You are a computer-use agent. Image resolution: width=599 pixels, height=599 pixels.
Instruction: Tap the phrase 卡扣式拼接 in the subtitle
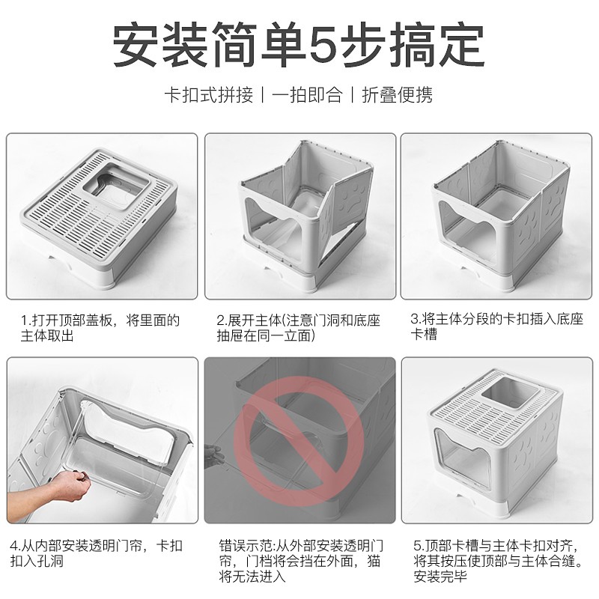pyautogui.click(x=209, y=95)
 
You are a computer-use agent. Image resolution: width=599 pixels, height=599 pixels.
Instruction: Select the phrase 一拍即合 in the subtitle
pyautogui.click(x=307, y=95)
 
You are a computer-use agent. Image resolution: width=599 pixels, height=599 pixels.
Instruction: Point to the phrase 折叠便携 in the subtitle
pyautogui.click(x=398, y=95)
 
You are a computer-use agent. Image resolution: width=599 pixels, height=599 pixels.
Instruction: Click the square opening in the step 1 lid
pyautogui.click(x=116, y=186)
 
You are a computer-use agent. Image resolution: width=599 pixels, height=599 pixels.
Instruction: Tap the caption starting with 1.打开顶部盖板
pyautogui.click(x=100, y=328)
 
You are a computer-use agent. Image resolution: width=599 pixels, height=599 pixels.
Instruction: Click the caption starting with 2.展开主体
pyautogui.click(x=298, y=328)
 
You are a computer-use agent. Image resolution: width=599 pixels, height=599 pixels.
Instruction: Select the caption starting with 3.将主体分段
pyautogui.click(x=496, y=326)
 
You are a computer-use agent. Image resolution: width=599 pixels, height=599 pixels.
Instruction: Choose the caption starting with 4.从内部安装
pyautogui.click(x=96, y=553)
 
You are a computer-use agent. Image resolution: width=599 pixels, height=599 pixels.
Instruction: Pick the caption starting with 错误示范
pyautogui.click(x=301, y=561)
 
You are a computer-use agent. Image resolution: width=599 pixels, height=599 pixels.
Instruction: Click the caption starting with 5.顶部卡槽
pyautogui.click(x=498, y=561)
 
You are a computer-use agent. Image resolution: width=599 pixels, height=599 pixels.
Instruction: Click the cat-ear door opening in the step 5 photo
pyautogui.click(x=462, y=457)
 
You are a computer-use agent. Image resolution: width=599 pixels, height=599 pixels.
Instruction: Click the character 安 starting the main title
pyautogui.click(x=136, y=45)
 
